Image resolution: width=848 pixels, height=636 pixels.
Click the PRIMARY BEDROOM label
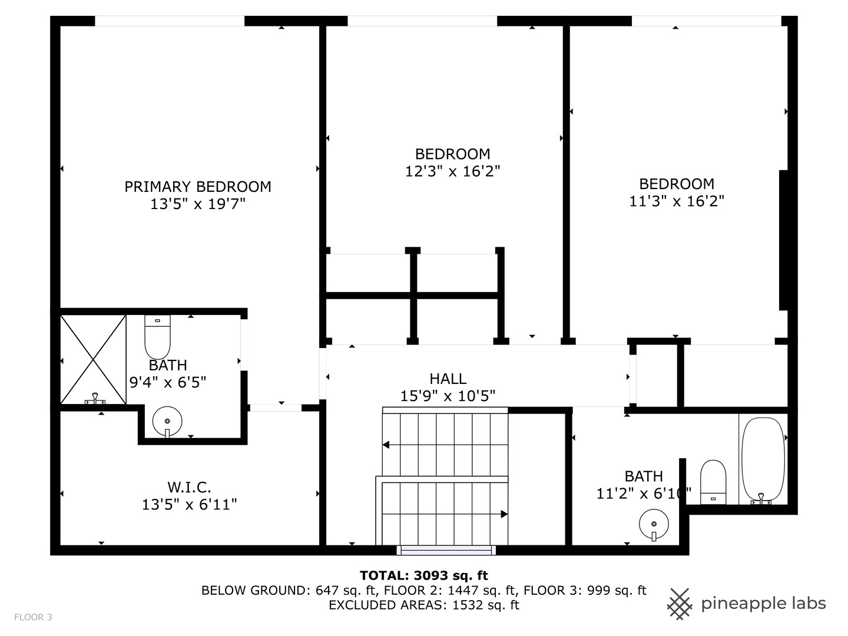point(197,187)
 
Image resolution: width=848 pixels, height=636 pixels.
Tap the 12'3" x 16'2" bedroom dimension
point(452,171)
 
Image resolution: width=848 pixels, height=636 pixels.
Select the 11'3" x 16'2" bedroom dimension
point(677,201)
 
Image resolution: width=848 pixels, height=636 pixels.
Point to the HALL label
point(448,379)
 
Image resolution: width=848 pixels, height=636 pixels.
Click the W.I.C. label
point(189,488)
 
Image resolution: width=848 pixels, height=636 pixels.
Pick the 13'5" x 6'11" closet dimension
point(189,504)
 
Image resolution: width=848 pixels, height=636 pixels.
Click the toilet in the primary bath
point(157,337)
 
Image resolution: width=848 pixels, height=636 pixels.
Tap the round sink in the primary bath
point(167,421)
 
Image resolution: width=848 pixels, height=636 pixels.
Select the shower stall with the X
point(93,360)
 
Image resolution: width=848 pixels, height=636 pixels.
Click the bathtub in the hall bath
point(763,461)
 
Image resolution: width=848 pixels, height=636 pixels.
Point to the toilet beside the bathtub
point(713,482)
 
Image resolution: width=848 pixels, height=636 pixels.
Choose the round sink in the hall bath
point(654,524)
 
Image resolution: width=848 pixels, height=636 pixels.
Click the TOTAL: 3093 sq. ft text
point(424,576)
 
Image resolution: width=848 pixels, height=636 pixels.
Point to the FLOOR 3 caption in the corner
point(33,617)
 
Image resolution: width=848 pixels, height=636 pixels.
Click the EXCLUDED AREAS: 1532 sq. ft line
point(424,605)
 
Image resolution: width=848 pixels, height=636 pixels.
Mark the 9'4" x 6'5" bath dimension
point(168,382)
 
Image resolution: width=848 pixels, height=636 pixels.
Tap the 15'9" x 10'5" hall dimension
point(448,396)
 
